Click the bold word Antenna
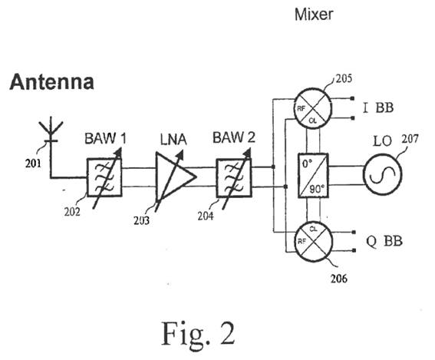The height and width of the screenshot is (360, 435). tap(52, 81)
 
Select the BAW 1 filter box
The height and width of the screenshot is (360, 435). tap(104, 177)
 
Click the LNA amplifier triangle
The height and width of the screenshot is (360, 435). tap(176, 177)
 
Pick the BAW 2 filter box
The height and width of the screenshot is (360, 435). tap(234, 177)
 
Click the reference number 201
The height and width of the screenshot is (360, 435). tap(33, 163)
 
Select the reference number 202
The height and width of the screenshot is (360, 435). tap(72, 212)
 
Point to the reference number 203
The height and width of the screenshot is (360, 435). tap(141, 220)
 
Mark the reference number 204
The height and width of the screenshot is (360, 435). tap(206, 216)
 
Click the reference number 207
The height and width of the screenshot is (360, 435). tap(410, 138)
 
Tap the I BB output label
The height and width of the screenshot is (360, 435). tap(378, 107)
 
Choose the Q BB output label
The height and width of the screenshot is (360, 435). tap(384, 241)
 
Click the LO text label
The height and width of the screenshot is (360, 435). tap(383, 141)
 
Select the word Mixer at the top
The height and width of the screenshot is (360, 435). tap(314, 14)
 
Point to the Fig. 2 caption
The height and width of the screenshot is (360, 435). tap(198, 333)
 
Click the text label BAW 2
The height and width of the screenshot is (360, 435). tap(233, 137)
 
